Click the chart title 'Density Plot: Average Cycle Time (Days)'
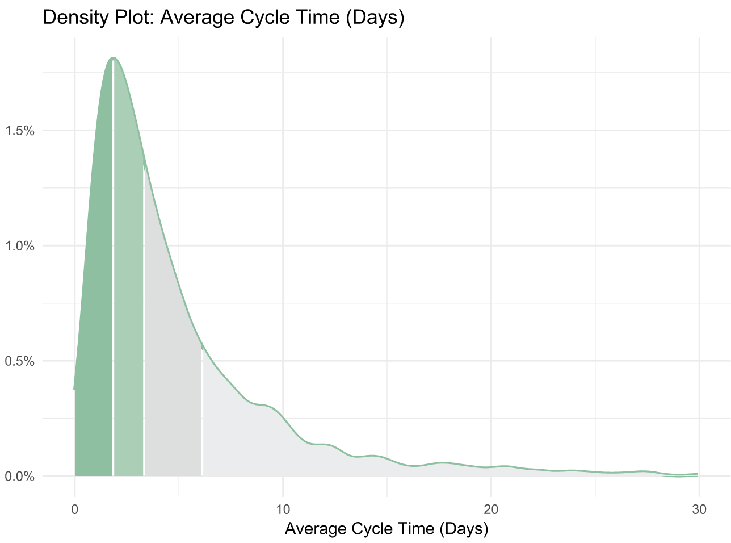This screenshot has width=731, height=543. (223, 18)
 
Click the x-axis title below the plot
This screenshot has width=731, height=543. (386, 529)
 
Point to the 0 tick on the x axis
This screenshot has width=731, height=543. (74, 509)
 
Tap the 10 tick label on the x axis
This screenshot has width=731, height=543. (283, 509)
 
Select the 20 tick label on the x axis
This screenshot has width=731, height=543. (491, 509)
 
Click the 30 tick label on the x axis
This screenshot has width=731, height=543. (699, 509)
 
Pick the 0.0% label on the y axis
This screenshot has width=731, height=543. (20, 476)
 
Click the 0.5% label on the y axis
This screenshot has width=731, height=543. (20, 361)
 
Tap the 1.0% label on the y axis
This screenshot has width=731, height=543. (20, 245)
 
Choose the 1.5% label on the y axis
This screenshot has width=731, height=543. (20, 130)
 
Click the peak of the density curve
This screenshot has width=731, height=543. (113, 58)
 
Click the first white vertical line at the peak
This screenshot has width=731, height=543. (114, 284)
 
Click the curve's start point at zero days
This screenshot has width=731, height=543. (74, 389)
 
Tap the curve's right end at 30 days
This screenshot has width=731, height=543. (698, 474)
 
